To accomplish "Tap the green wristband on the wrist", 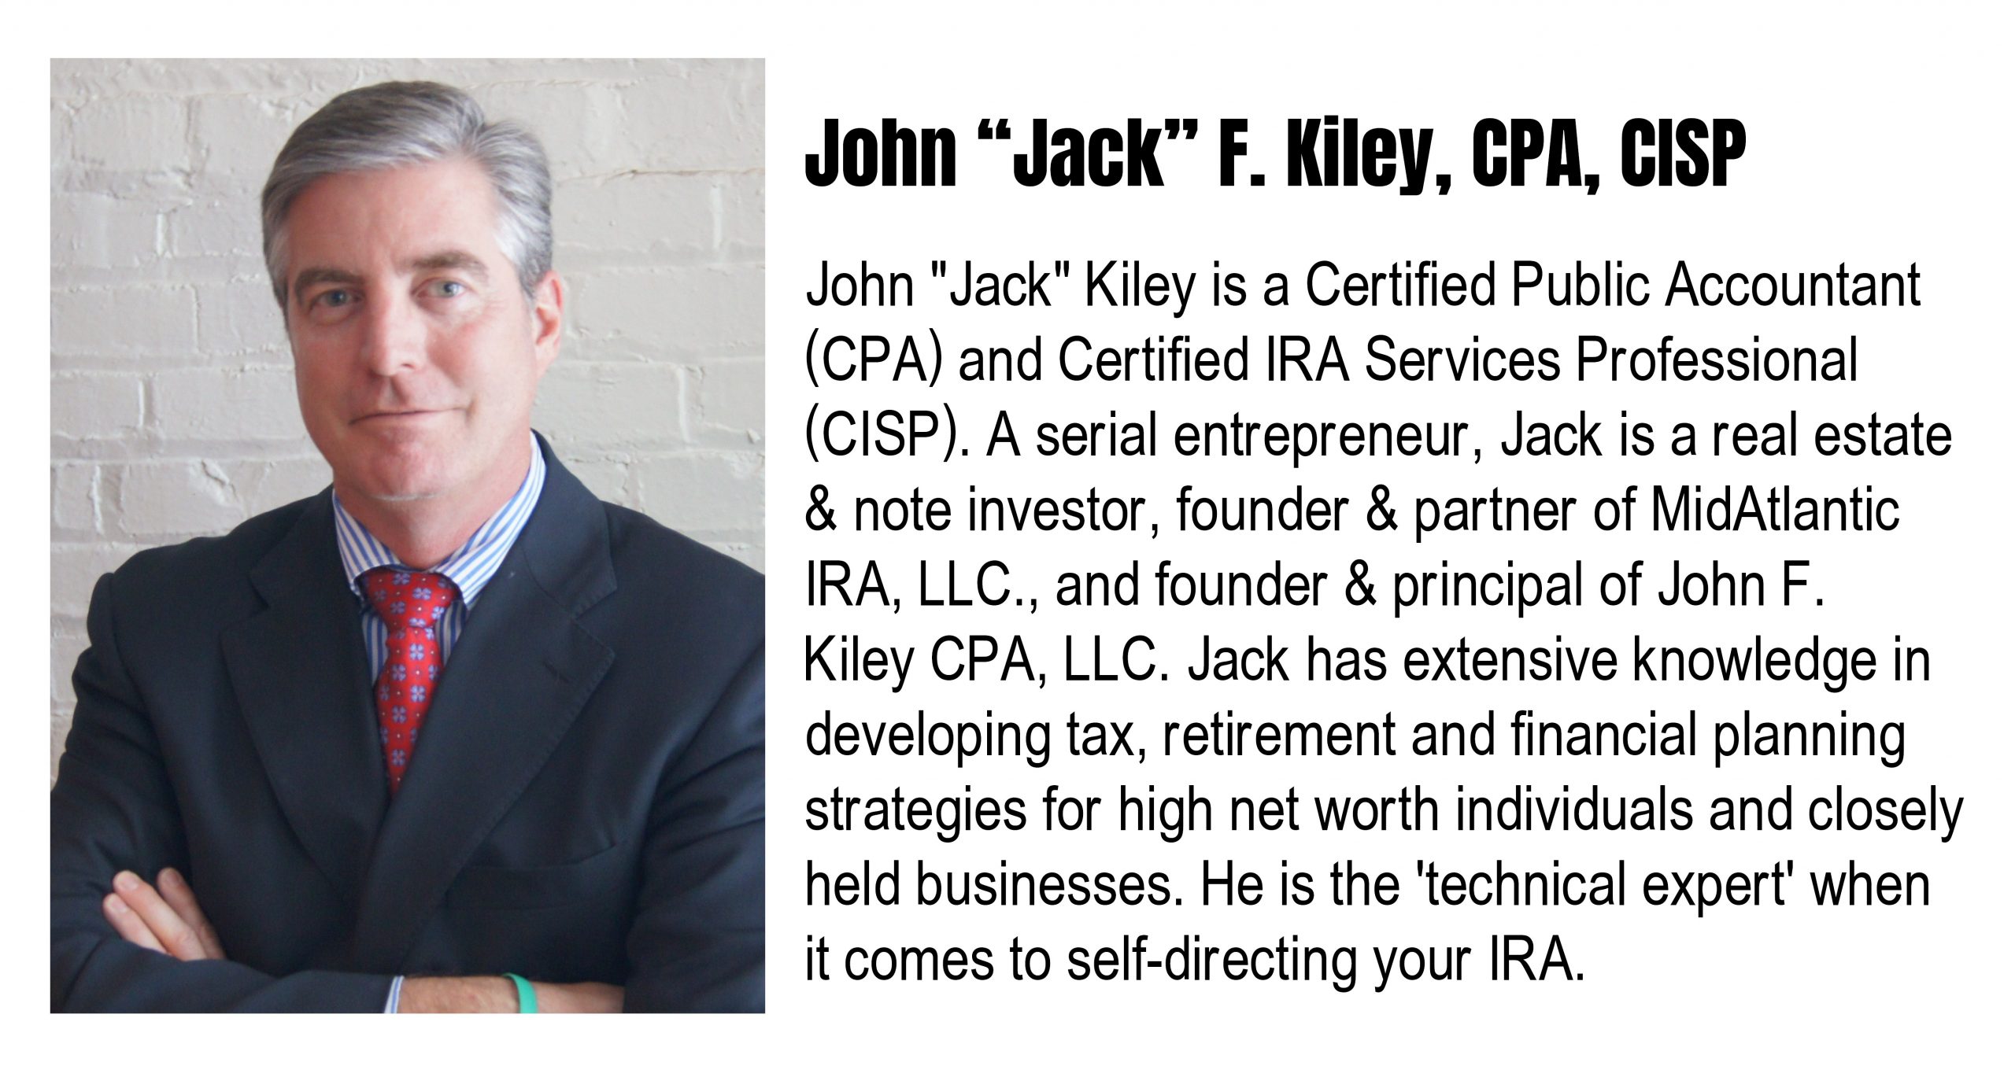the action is tap(520, 993).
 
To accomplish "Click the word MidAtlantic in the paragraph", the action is tap(1775, 511).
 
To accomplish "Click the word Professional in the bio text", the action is tap(1716, 361).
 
